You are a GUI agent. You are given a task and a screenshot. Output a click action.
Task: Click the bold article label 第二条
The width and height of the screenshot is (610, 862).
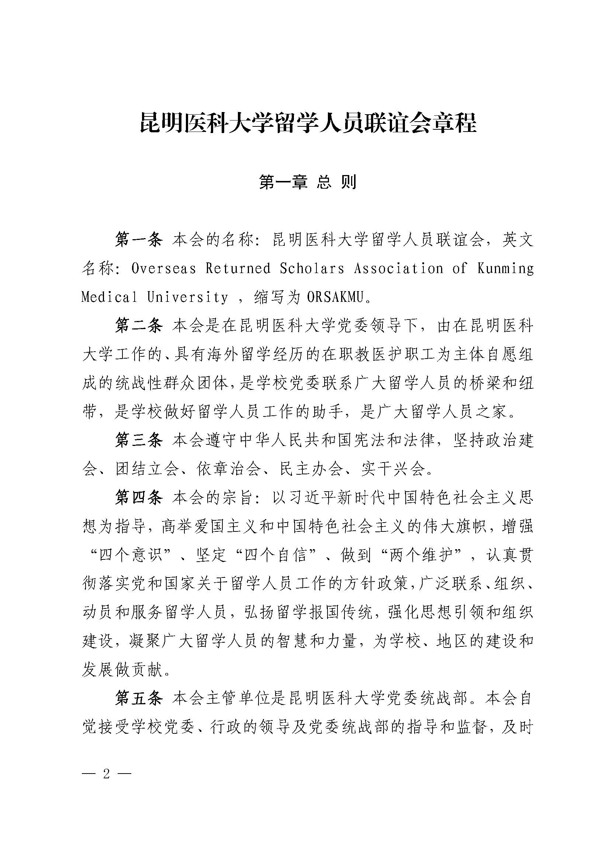click(x=139, y=325)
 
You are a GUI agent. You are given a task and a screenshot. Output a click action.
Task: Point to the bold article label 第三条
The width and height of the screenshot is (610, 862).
click(x=139, y=440)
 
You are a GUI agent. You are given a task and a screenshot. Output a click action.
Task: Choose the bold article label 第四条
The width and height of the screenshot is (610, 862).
click(x=139, y=498)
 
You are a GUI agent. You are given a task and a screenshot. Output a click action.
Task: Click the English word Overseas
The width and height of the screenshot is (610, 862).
click(x=164, y=269)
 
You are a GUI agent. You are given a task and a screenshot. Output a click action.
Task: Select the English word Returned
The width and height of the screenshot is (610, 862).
click(x=238, y=269)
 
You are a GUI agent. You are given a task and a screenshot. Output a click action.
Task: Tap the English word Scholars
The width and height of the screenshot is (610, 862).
click(x=312, y=269)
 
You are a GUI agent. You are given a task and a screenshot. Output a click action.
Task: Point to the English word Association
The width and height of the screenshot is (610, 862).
click(x=398, y=269)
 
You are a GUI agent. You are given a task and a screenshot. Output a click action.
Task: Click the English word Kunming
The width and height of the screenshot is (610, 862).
click(x=505, y=269)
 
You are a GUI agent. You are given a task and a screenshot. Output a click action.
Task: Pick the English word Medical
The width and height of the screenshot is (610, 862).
click(x=109, y=297)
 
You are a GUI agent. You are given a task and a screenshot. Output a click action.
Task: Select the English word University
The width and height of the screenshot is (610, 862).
click(x=187, y=297)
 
